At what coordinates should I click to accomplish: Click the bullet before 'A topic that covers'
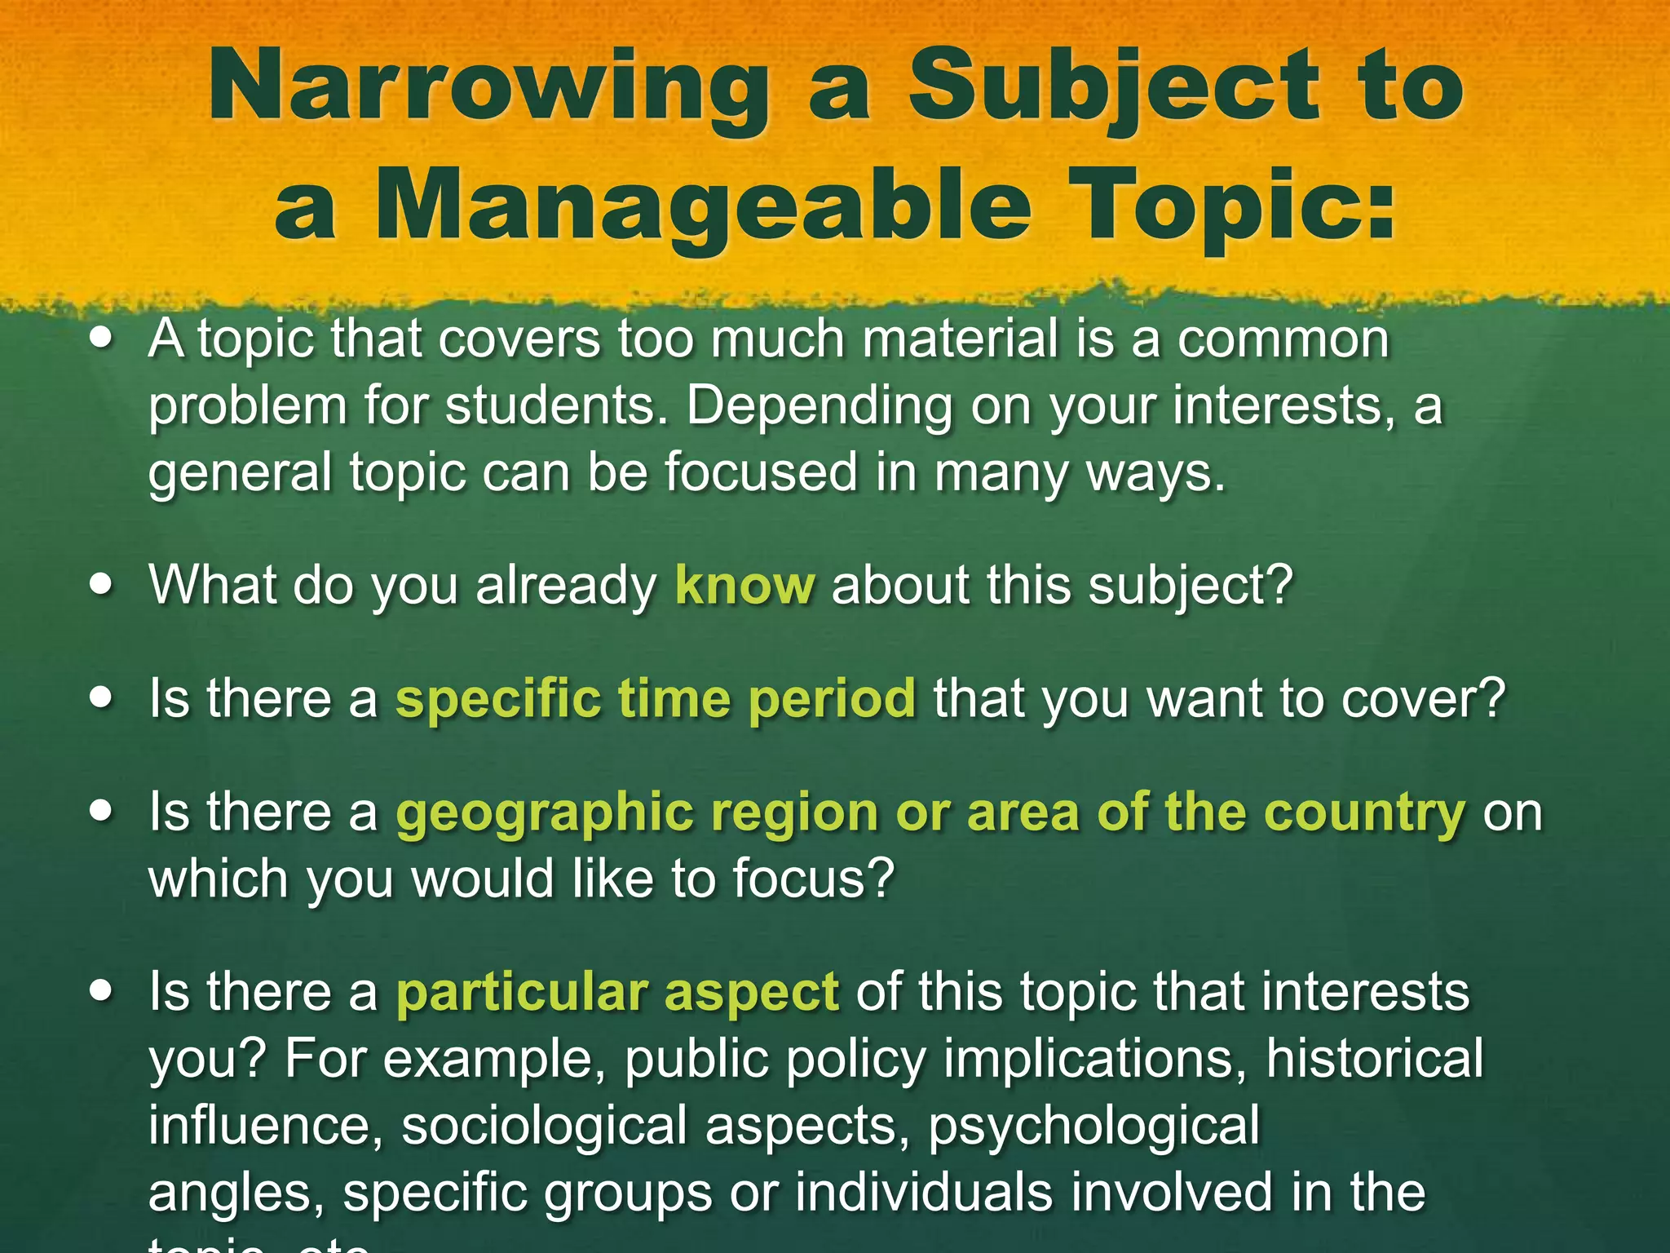[x=101, y=338]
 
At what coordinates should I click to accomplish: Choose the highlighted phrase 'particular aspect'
[x=617, y=992]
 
